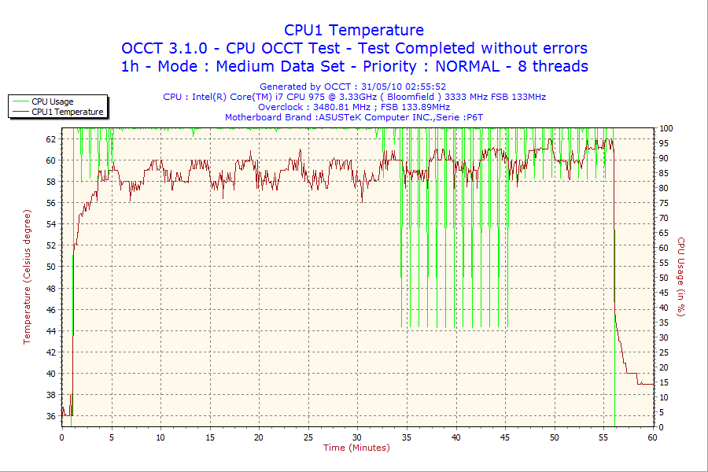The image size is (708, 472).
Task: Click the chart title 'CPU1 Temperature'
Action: pos(354,30)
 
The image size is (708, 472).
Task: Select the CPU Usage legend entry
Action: pos(52,101)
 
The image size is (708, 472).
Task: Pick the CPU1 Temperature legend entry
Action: pos(67,112)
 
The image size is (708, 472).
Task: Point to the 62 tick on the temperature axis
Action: pos(51,138)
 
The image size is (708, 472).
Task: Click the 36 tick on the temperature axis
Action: pos(51,416)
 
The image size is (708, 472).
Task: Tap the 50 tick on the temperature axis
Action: pos(51,267)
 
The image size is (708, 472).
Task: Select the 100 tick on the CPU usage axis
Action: pos(666,128)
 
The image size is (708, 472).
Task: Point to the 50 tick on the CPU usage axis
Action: pos(664,278)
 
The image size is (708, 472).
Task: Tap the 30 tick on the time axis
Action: pos(358,437)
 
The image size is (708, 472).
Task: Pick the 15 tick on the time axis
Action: pos(210,437)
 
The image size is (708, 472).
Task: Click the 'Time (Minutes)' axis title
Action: pos(356,448)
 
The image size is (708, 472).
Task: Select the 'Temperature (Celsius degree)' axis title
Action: pos(27,278)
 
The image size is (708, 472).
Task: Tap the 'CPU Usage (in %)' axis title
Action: pos(681,278)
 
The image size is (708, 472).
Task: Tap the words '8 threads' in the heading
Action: pos(554,66)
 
